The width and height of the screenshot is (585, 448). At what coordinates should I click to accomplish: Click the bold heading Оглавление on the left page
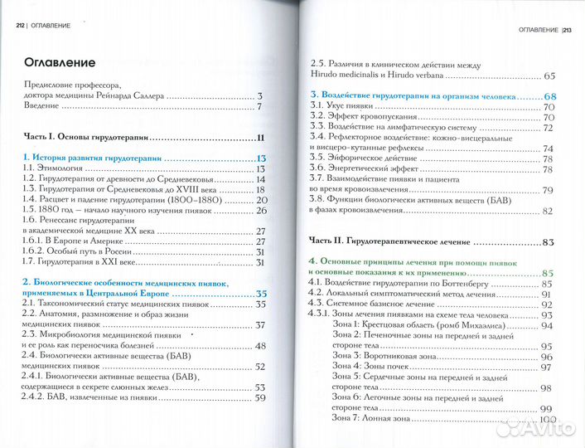click(x=60, y=61)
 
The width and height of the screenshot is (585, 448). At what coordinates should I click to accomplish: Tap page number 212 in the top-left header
click(x=21, y=26)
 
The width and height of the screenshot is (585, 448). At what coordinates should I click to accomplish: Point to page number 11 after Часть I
click(x=260, y=138)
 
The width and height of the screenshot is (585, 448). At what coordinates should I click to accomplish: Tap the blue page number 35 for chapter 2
click(x=260, y=294)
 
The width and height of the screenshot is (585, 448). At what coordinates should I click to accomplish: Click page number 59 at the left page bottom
click(x=259, y=397)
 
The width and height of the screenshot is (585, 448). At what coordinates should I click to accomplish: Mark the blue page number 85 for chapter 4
click(x=547, y=272)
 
